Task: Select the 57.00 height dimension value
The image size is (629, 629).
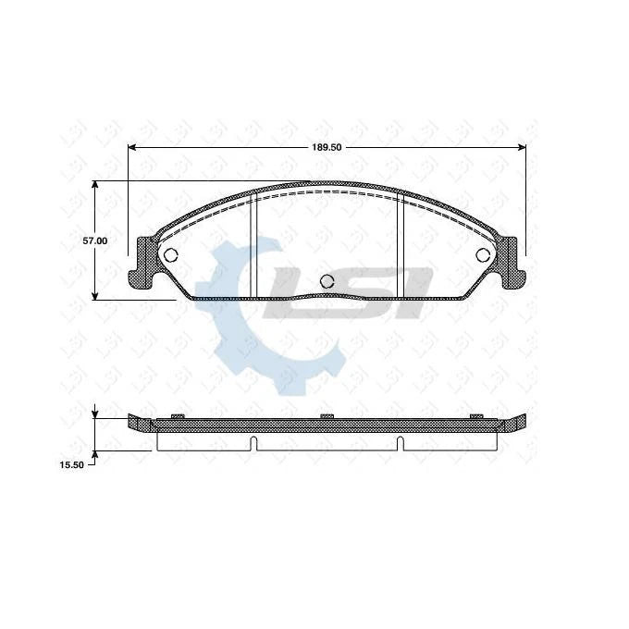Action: (x=95, y=240)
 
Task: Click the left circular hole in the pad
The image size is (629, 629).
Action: (x=169, y=256)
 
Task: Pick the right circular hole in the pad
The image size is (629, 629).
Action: (x=483, y=255)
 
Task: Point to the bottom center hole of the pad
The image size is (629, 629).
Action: (x=326, y=282)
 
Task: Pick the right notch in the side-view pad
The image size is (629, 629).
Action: (x=399, y=441)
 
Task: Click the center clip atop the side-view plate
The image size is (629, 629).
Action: (x=326, y=416)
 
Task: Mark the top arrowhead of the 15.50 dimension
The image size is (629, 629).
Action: (x=95, y=413)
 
